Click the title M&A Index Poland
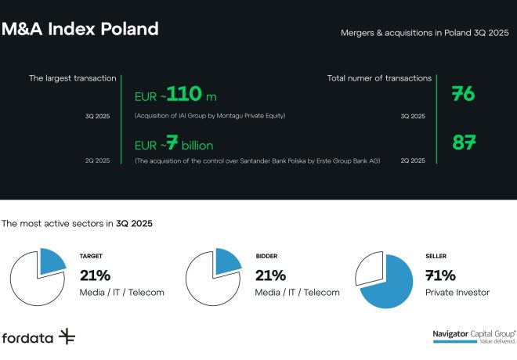pyautogui.click(x=80, y=30)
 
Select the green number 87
pyautogui.click(x=464, y=143)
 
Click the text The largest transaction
pyautogui.click(x=73, y=78)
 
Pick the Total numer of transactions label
pyautogui.click(x=379, y=78)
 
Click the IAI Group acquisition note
pyautogui.click(x=210, y=116)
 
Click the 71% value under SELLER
pyautogui.click(x=441, y=275)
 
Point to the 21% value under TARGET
pyautogui.click(x=96, y=275)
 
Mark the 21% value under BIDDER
pyautogui.click(x=271, y=275)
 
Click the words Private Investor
pyautogui.click(x=458, y=292)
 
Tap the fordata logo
pyautogui.click(x=38, y=337)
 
